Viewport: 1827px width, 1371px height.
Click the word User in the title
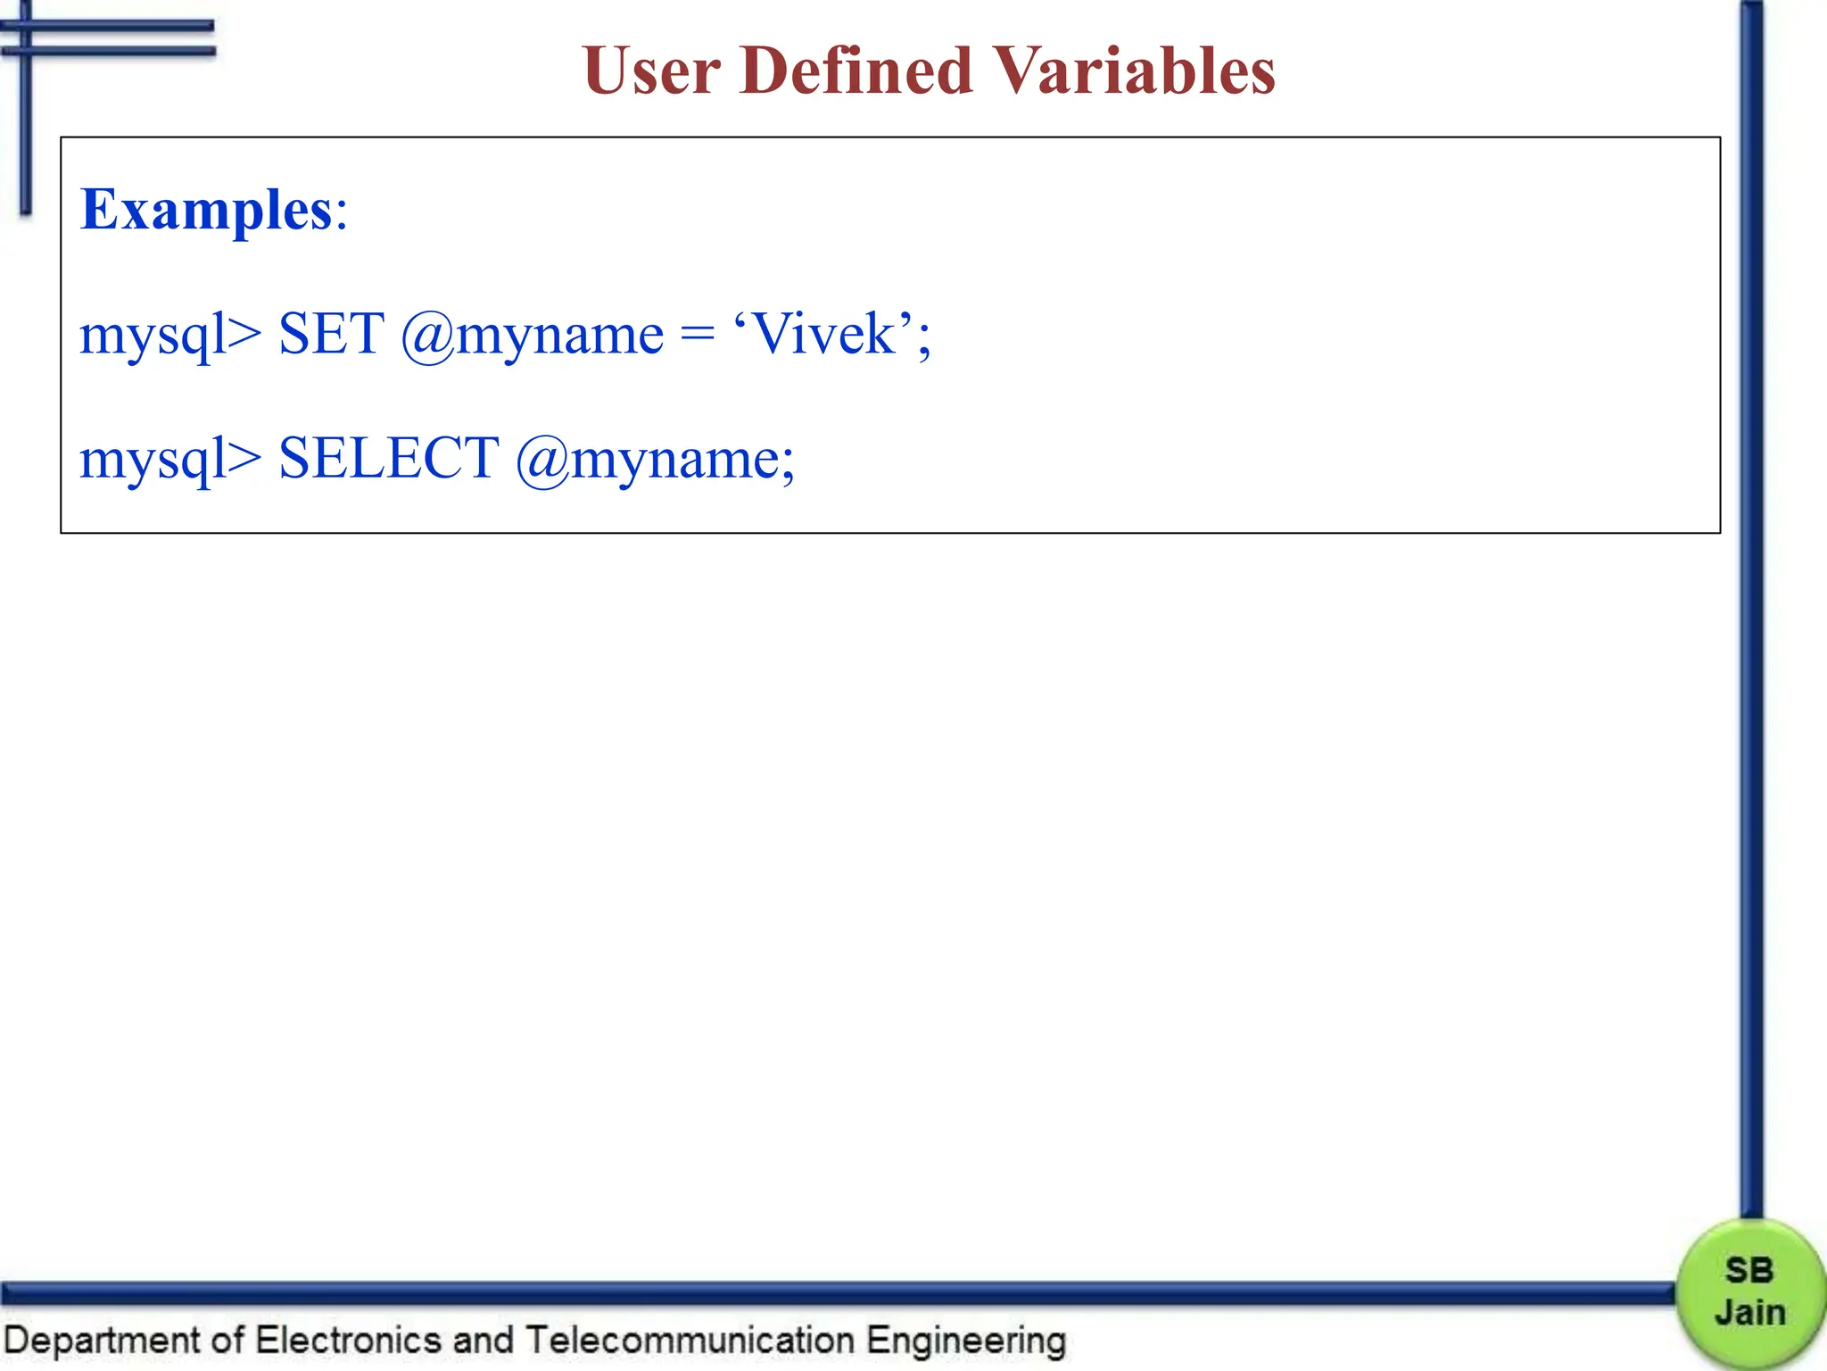(651, 71)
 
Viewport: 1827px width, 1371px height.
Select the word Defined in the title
(856, 71)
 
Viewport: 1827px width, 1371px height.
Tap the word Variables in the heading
(1134, 71)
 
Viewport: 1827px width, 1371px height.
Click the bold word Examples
(206, 211)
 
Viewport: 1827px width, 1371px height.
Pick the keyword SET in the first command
(331, 335)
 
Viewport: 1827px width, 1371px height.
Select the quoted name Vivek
(824, 335)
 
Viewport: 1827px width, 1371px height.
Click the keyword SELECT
(388, 459)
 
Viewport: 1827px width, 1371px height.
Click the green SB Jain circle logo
(1749, 1292)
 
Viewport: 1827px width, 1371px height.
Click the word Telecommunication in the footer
(690, 1341)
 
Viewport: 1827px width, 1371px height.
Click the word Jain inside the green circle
(1749, 1313)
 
